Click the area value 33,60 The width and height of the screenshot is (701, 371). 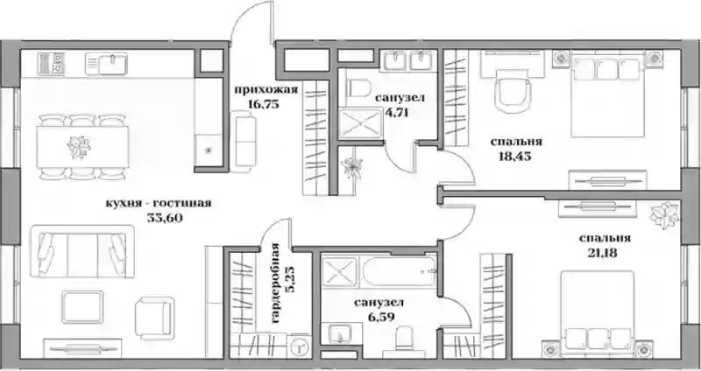click(165, 218)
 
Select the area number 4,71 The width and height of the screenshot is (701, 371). click(397, 112)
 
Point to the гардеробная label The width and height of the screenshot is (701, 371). click(275, 284)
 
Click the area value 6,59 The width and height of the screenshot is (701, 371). click(379, 318)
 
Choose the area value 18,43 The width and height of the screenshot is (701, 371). click(514, 157)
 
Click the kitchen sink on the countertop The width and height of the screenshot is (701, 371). click(106, 64)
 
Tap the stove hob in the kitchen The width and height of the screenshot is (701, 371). click(52, 64)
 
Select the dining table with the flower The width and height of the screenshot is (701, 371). click(82, 147)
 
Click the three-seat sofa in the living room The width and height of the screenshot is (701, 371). click(82, 251)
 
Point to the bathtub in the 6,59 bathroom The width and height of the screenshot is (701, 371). click(399, 271)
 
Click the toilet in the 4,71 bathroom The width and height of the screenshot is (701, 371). click(359, 88)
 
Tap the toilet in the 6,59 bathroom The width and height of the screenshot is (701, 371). click(404, 341)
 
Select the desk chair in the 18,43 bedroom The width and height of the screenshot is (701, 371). click(513, 92)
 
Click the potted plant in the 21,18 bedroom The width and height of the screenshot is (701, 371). click(665, 215)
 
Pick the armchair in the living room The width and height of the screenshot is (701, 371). click(155, 318)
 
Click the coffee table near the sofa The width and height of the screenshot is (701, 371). click(82, 307)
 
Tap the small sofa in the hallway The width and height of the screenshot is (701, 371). click(244, 141)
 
